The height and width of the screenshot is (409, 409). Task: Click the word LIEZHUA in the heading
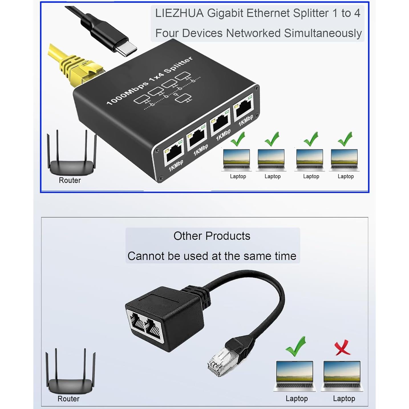(x=179, y=13)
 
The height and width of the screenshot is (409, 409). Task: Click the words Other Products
(x=212, y=236)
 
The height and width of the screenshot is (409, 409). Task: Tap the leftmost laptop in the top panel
(x=236, y=160)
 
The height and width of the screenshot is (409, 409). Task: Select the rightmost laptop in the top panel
(x=344, y=160)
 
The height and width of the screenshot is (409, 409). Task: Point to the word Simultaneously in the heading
(x=323, y=33)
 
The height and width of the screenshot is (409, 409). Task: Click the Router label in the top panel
(x=70, y=180)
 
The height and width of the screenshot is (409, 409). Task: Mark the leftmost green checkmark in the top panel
(x=238, y=139)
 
